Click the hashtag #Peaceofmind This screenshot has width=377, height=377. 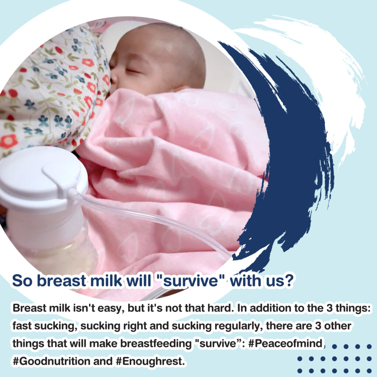coord(285,343)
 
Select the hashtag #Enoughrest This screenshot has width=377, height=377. coord(150,361)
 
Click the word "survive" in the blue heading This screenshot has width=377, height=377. coord(190,281)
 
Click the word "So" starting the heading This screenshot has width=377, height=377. coord(22,281)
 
